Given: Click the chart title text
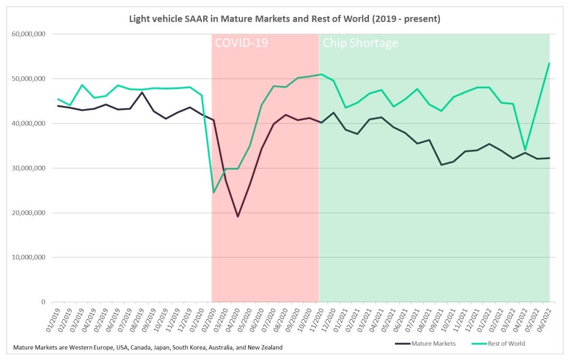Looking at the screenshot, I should pyautogui.click(x=285, y=19).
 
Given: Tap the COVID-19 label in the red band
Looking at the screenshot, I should pyautogui.click(x=241, y=43).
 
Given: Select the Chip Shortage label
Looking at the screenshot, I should pyautogui.click(x=360, y=43).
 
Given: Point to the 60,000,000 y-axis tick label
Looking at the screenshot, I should pyautogui.click(x=27, y=34).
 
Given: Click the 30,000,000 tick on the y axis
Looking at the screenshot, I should pyautogui.click(x=27, y=168).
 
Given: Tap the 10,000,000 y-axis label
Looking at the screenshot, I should pyautogui.click(x=27, y=257).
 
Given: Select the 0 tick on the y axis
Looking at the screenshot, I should pyautogui.click(x=43, y=302).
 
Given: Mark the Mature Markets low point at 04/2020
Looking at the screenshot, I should pyautogui.click(x=238, y=217).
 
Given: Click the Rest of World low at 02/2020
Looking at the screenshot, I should pyautogui.click(x=214, y=192).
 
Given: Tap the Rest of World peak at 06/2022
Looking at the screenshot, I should pyautogui.click(x=549, y=63).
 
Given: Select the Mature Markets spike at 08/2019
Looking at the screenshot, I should pyautogui.click(x=142, y=92).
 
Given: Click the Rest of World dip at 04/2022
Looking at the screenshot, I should pyautogui.click(x=525, y=150).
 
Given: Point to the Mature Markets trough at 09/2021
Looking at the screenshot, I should pyautogui.click(x=441, y=165).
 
